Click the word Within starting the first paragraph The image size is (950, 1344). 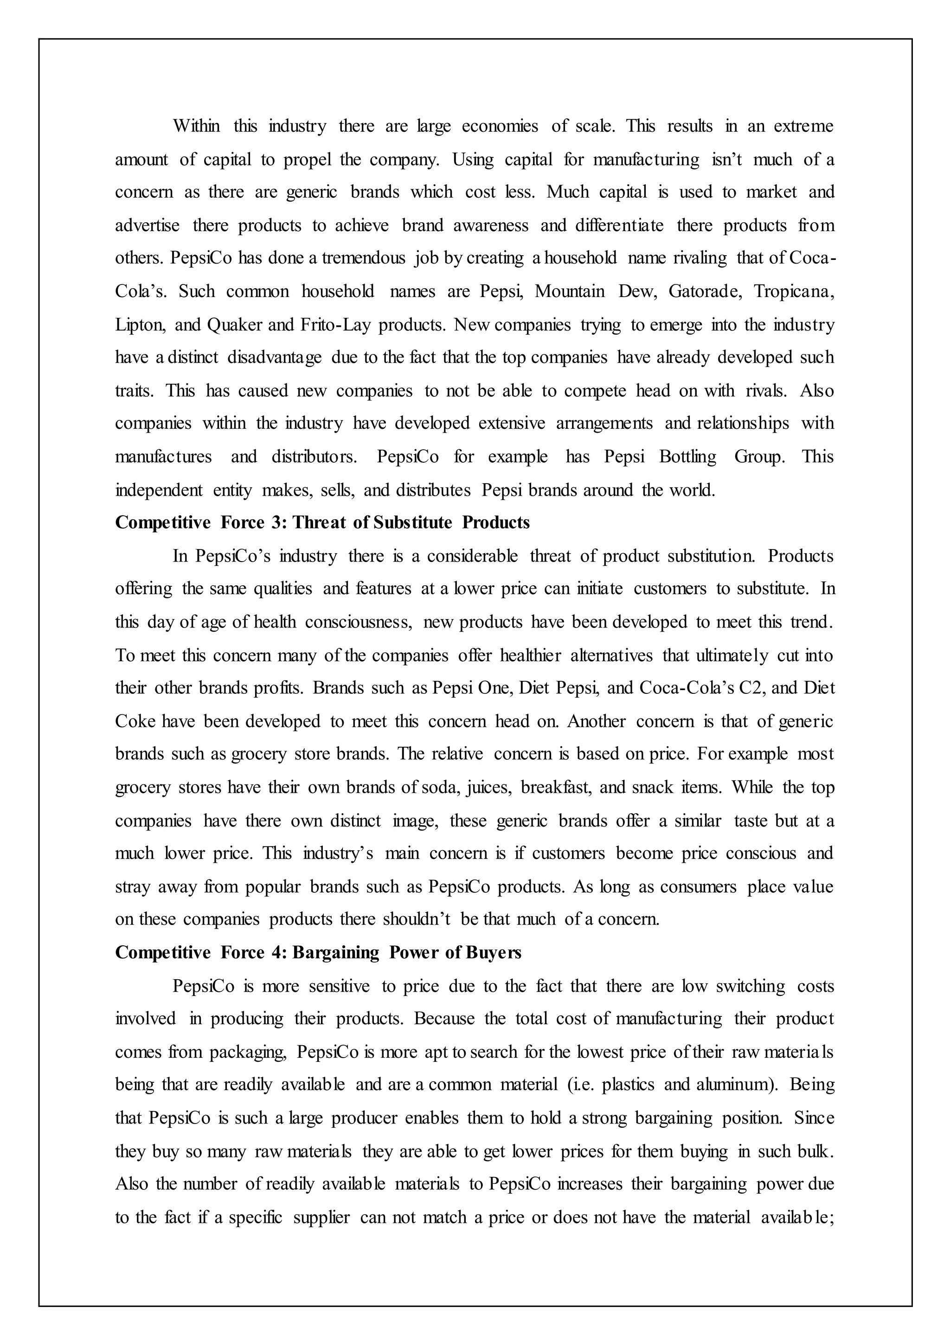(x=197, y=126)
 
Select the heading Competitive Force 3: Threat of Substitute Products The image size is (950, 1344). (x=322, y=522)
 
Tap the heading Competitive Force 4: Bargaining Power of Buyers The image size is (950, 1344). (x=318, y=952)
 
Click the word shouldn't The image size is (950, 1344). (x=417, y=919)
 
